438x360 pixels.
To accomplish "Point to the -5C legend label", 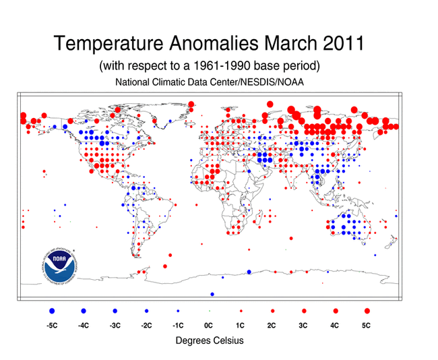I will point(52,326).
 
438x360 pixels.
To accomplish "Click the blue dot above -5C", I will point(52,311).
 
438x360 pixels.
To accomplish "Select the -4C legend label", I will point(84,326).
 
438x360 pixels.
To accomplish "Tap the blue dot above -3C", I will point(115,311).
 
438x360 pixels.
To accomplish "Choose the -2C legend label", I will point(146,326).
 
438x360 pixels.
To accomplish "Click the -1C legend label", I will point(178,326).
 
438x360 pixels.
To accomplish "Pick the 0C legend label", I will point(209,326).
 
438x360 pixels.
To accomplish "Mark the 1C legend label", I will point(241,326).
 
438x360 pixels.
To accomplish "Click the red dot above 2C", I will point(272,311).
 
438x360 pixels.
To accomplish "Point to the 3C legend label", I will point(304,326).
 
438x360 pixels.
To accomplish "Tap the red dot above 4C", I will point(336,311).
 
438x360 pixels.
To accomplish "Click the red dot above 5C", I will point(367,311).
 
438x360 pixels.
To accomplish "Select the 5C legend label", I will point(367,326).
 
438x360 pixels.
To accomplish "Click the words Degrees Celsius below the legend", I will point(209,340).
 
